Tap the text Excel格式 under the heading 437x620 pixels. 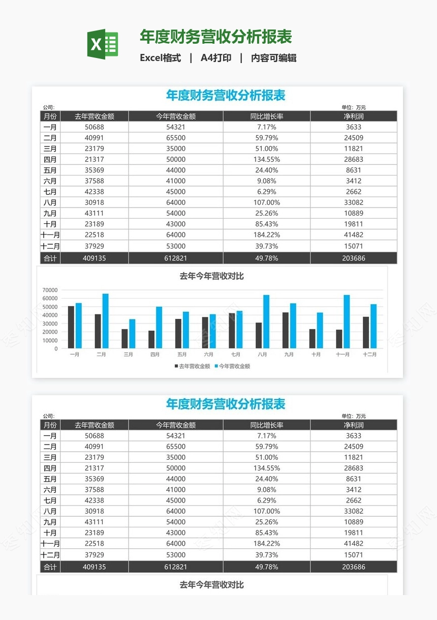click(x=160, y=58)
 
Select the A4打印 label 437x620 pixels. click(x=216, y=58)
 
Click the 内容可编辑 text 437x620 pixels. click(x=274, y=58)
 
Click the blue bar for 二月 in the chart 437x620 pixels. click(x=105, y=321)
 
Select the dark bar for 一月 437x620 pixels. click(x=71, y=327)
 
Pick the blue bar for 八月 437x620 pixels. click(x=266, y=321)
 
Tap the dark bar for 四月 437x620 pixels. click(x=151, y=339)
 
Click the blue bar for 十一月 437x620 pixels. click(x=347, y=321)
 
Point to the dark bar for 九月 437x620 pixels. click(x=286, y=330)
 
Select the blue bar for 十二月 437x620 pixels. click(x=373, y=326)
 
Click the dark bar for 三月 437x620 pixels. click(x=124, y=339)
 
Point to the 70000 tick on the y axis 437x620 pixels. click(x=50, y=289)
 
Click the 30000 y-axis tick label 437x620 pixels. click(x=50, y=323)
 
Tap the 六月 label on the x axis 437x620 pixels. click(x=209, y=355)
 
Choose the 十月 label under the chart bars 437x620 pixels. click(x=316, y=355)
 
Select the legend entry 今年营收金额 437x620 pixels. click(x=235, y=366)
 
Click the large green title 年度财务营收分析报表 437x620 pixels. click(x=216, y=37)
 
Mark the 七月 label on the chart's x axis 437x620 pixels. click(x=236, y=355)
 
